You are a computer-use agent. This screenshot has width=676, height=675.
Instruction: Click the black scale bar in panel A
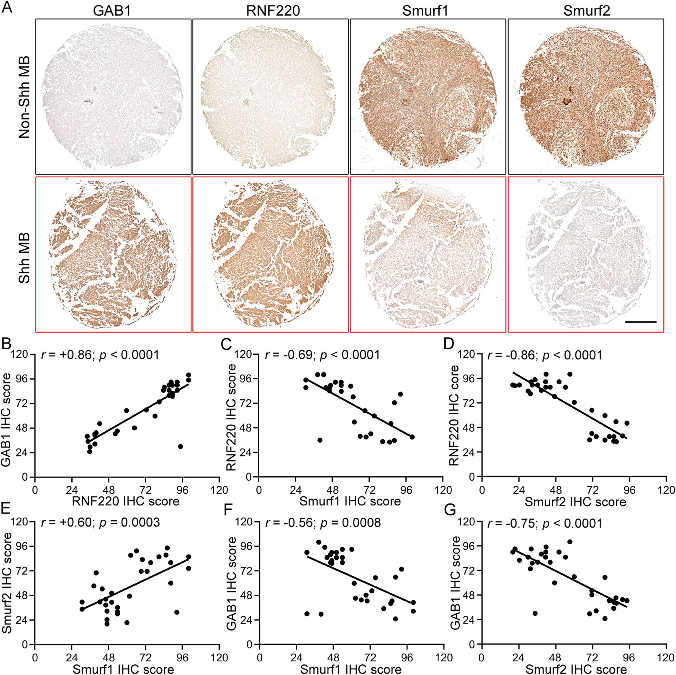pos(641,321)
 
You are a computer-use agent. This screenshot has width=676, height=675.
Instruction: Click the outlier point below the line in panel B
pos(180,446)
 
